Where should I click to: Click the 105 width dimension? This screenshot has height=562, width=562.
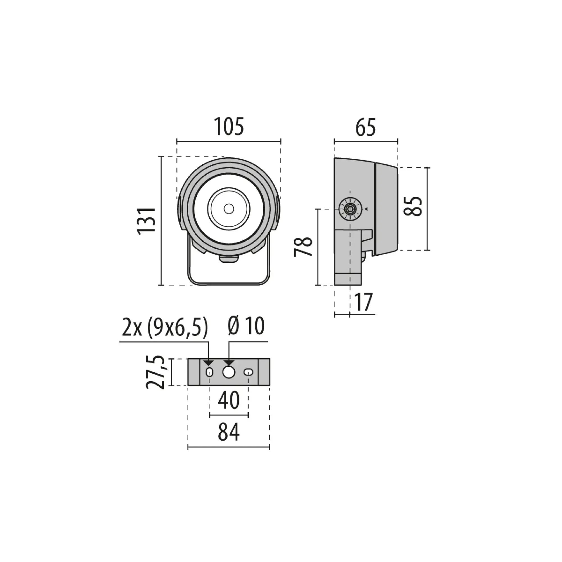pos(229,127)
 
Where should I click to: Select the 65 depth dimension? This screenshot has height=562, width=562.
pos(365,127)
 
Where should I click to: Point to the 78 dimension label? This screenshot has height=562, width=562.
pos(303,247)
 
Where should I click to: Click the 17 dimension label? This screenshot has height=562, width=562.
pos(363,303)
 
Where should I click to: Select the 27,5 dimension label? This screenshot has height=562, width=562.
pos(156,372)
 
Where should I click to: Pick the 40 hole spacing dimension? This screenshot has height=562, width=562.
pos(229,400)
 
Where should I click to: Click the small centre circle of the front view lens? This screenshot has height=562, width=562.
pos(229,209)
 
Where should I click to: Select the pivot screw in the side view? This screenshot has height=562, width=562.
pos(350,209)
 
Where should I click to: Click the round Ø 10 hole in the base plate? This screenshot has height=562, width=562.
pos(229,372)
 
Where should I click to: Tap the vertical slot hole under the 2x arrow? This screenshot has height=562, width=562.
pos(209,372)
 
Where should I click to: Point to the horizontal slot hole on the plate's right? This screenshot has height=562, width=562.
pos(248,372)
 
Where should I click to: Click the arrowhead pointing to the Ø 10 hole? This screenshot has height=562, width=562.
pos(229,363)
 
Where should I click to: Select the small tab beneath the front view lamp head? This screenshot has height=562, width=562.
pos(229,259)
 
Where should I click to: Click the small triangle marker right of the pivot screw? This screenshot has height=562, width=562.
pos(366,209)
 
